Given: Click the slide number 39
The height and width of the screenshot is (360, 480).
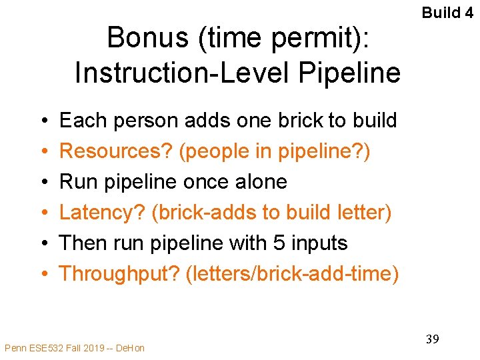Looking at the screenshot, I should (x=432, y=339).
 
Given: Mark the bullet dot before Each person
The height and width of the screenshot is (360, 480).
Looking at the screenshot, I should (x=43, y=121).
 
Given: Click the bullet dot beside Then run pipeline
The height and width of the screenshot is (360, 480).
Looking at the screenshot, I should (x=43, y=243).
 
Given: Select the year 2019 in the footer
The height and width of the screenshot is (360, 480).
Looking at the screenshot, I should (x=91, y=347).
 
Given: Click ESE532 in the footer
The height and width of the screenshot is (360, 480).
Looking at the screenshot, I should (x=41, y=347).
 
